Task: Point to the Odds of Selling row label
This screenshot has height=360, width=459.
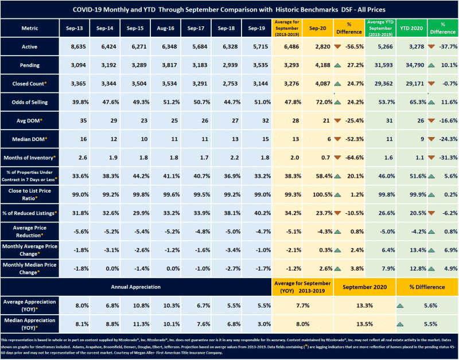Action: pos(29,102)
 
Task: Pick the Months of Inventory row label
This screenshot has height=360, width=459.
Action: pos(29,157)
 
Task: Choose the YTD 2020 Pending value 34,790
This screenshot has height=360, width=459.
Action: pos(411,66)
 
